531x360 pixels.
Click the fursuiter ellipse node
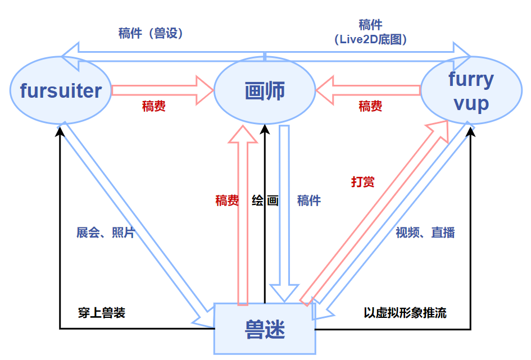[x=61, y=90]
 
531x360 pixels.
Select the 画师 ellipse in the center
[x=265, y=91]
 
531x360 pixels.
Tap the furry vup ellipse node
[x=471, y=91]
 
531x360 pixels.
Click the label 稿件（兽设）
[x=151, y=33]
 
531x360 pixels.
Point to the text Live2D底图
[x=370, y=39]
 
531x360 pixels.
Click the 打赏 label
[x=362, y=182]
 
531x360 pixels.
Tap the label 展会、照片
[x=106, y=233]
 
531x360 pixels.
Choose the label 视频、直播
[x=425, y=233]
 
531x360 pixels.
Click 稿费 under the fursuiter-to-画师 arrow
[x=153, y=106]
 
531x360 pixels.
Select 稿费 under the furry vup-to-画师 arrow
[x=370, y=106]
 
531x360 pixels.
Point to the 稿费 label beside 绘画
[x=227, y=200]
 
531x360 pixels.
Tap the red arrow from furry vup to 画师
[x=368, y=90]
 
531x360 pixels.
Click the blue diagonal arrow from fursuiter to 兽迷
[x=132, y=225]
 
